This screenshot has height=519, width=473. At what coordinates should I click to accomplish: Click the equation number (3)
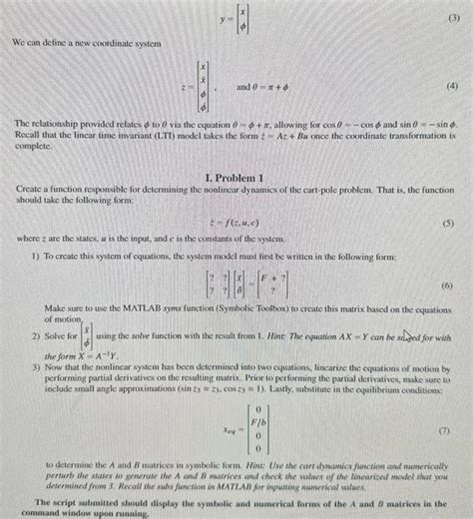pos(453,18)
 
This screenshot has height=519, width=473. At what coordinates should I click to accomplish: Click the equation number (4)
pos(453,85)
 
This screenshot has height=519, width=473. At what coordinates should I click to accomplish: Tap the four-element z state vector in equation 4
pos(205,85)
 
